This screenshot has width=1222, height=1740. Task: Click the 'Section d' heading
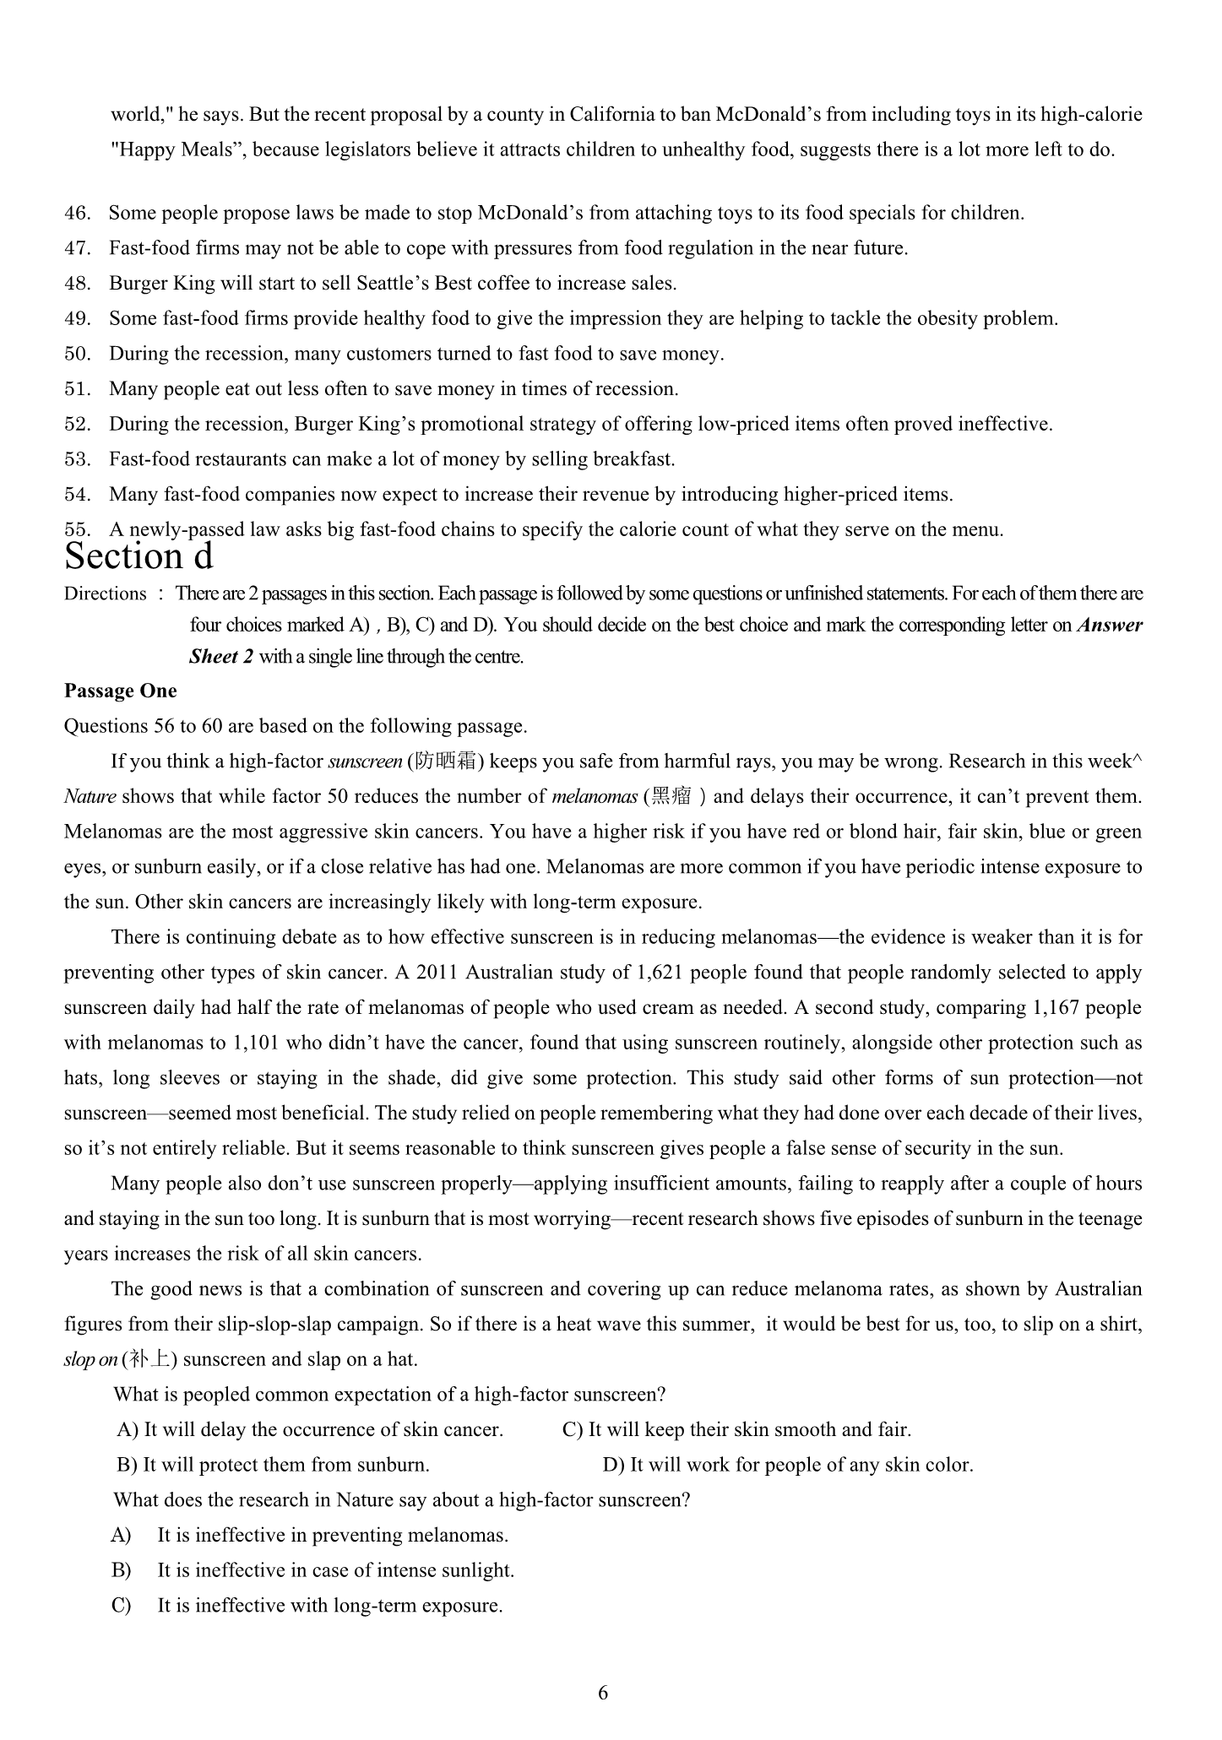pos(138,557)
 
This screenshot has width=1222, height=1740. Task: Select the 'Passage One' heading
pos(121,691)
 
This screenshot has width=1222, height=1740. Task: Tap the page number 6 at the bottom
pos(603,1693)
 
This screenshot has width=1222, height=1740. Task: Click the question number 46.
pos(77,213)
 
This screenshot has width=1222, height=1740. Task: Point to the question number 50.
pos(77,354)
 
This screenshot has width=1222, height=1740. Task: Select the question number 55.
pos(77,530)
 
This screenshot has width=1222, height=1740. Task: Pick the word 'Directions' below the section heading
pos(106,594)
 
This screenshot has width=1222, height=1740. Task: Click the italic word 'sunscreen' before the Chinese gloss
pos(365,762)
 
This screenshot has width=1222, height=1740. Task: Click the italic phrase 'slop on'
pos(90,1360)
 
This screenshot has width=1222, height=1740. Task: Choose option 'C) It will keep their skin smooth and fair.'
pos(736,1430)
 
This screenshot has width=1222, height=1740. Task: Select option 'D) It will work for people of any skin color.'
pos(788,1466)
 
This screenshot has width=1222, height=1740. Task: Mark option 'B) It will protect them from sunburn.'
pos(274,1466)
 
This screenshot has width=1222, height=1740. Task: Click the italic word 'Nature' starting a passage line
pos(90,797)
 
